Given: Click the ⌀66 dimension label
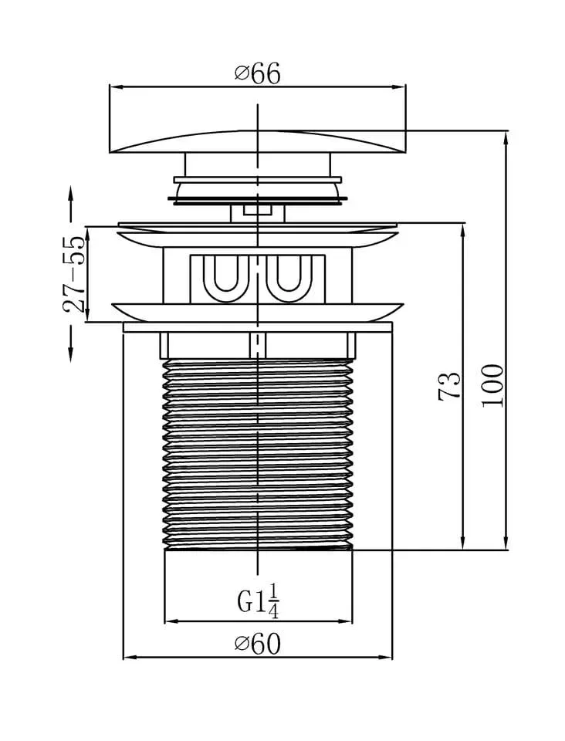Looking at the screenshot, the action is pyautogui.click(x=258, y=73).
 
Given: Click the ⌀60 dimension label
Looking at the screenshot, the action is pyautogui.click(x=258, y=644).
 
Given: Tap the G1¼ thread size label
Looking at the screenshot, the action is pyautogui.click(x=258, y=601).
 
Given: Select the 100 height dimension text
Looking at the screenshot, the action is pyautogui.click(x=492, y=385).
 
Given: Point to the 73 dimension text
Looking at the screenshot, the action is pyautogui.click(x=449, y=386).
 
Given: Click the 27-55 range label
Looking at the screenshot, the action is pyautogui.click(x=74, y=273).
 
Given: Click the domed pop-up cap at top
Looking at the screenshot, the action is pyautogui.click(x=258, y=142).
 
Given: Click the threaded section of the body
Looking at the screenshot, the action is pyautogui.click(x=258, y=454).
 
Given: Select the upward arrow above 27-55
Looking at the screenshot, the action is pyautogui.click(x=71, y=204).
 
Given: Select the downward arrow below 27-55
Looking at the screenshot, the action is pyautogui.click(x=71, y=343).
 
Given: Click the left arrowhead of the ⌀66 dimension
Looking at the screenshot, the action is pyautogui.click(x=117, y=87).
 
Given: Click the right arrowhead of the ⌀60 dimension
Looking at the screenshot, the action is pyautogui.click(x=385, y=657).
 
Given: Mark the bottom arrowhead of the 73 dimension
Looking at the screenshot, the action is pyautogui.click(x=463, y=543).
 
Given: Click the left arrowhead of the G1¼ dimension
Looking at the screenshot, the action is pyautogui.click(x=171, y=621).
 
